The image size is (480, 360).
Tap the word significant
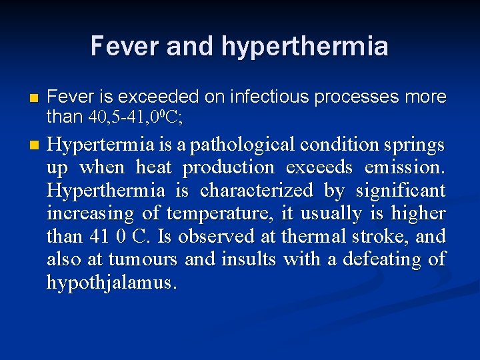[400, 191]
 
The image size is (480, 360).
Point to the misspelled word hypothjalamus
[111, 283]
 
